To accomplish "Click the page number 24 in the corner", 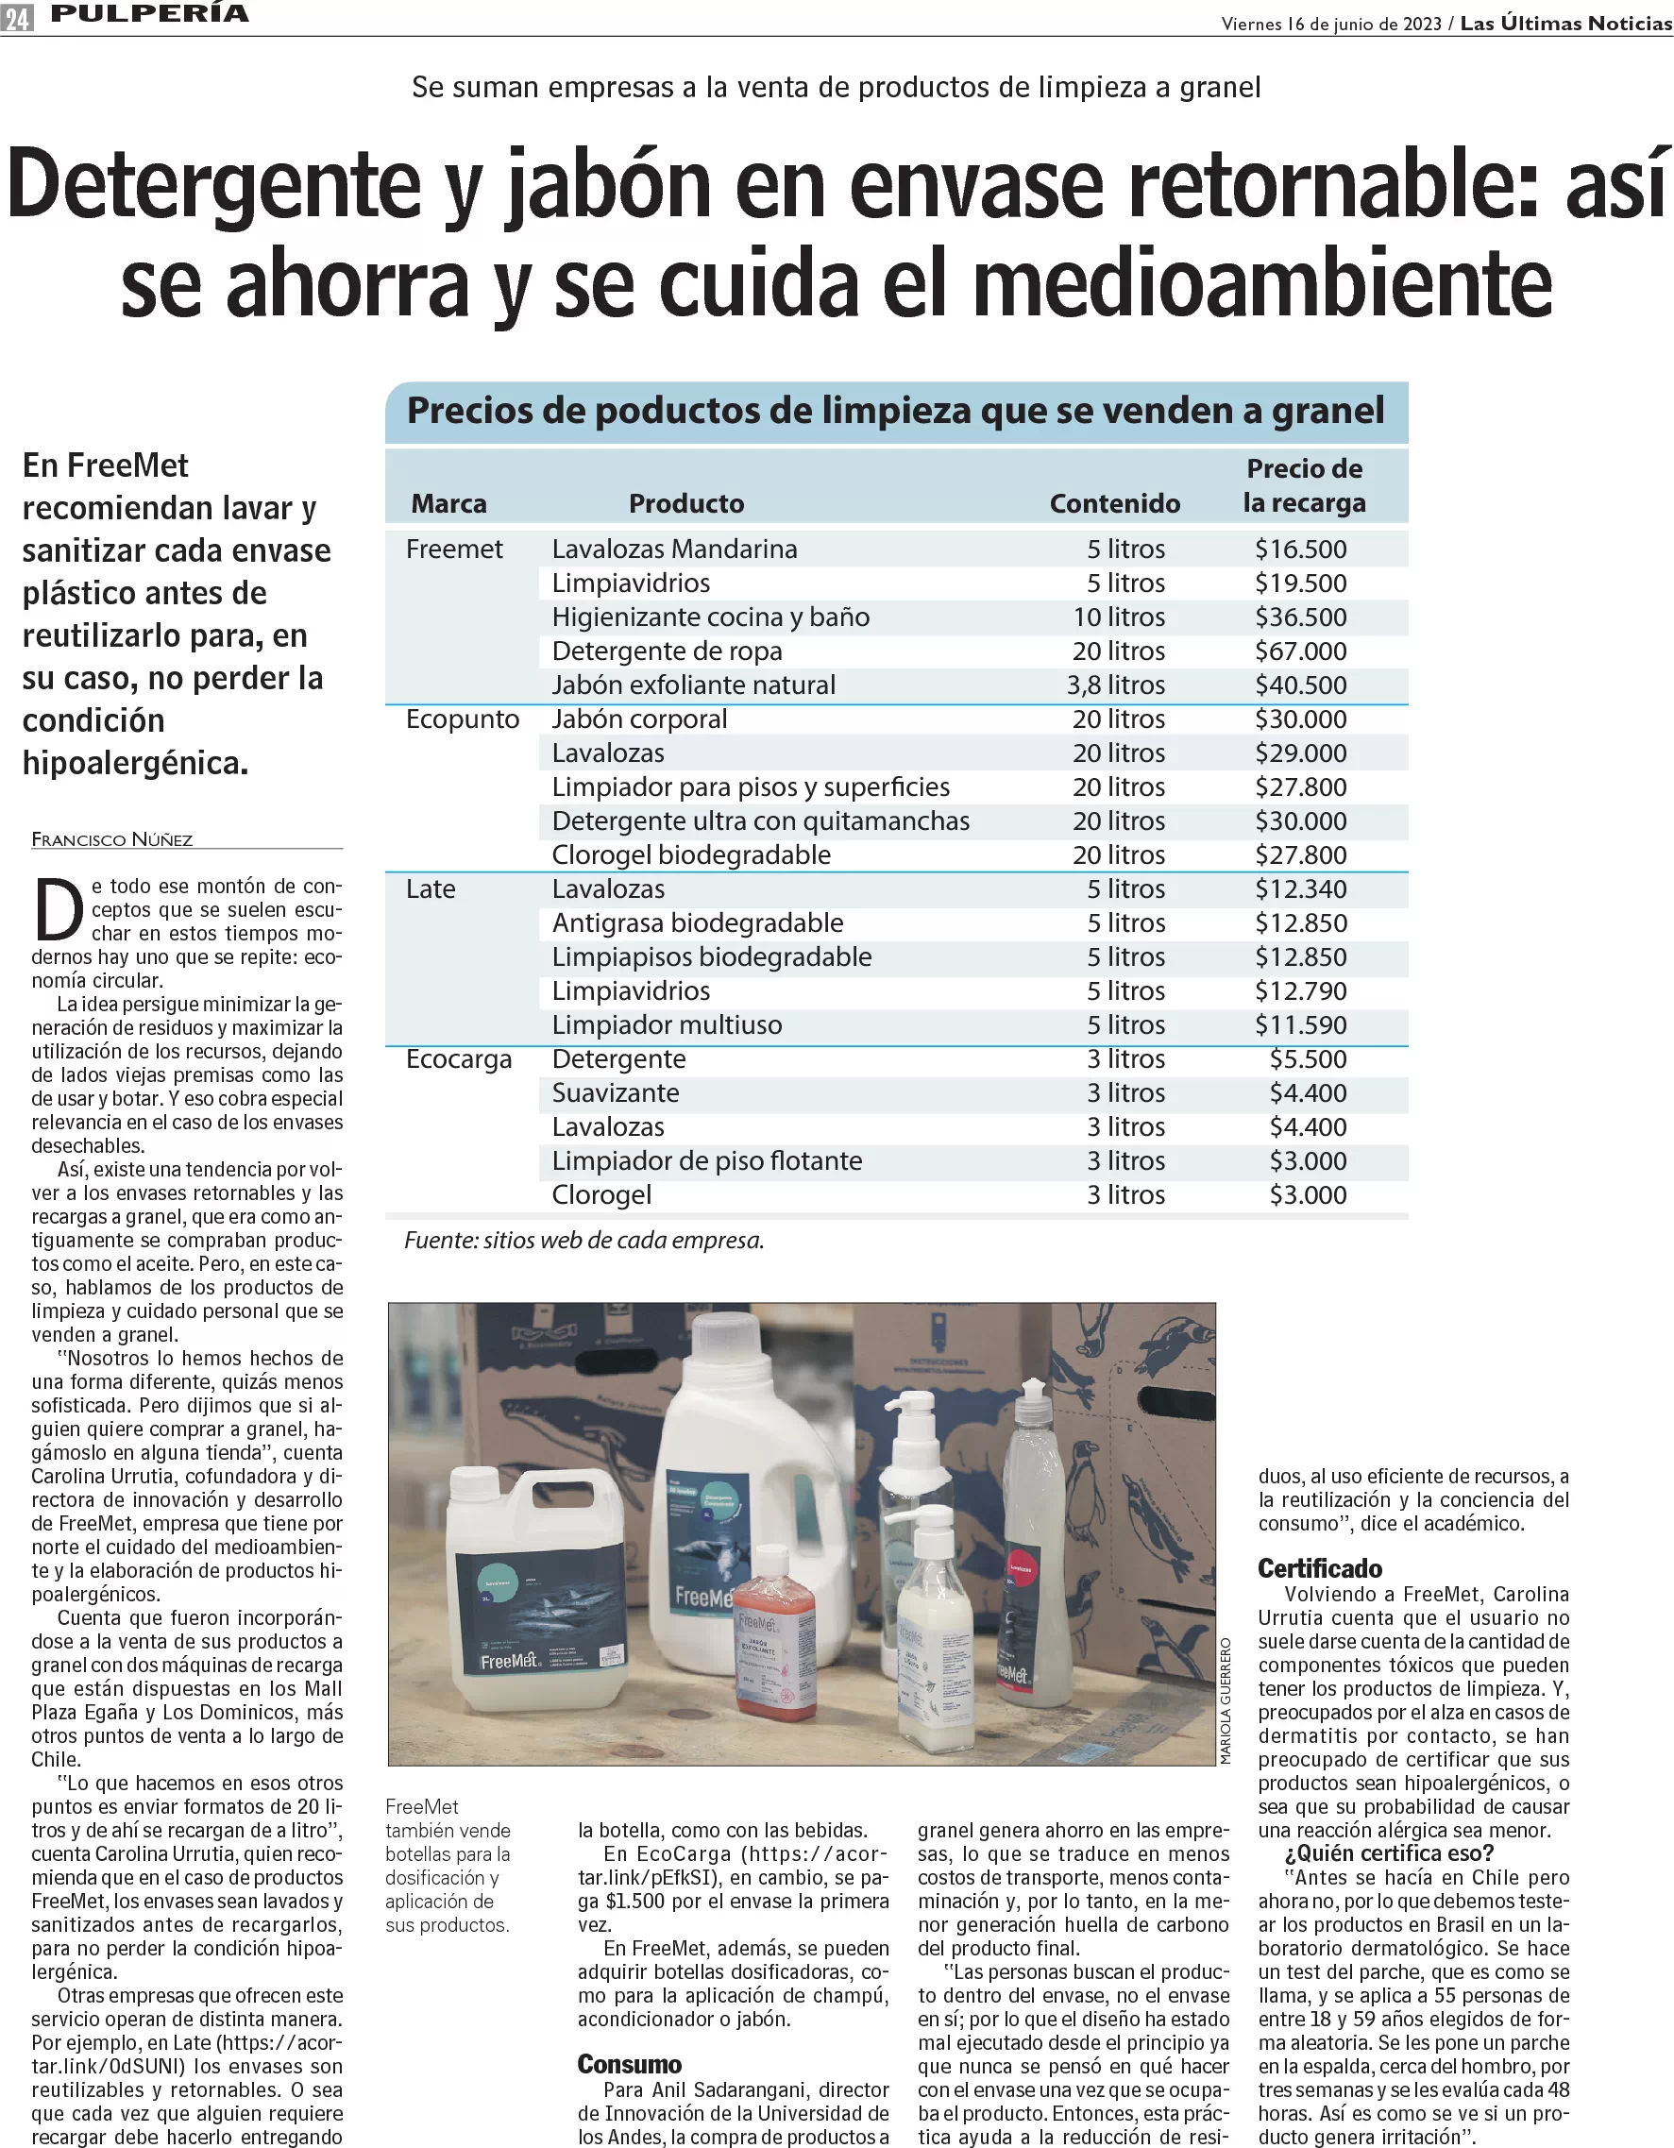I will pyautogui.click(x=17, y=17).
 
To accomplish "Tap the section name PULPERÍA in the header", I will pyautogui.click(x=149, y=14).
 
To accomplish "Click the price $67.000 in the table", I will pyautogui.click(x=1300, y=651).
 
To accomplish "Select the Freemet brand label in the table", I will pyautogui.click(x=453, y=549).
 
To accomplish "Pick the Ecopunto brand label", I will pyautogui.click(x=463, y=719).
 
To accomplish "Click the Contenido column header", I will pyautogui.click(x=1114, y=503).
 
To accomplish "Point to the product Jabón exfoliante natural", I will pyautogui.click(x=693, y=685).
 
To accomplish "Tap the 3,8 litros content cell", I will pyautogui.click(x=1115, y=685).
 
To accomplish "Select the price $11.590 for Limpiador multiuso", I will pyautogui.click(x=1300, y=1024).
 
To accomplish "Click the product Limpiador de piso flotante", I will pyautogui.click(x=706, y=1160).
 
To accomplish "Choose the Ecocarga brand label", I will pyautogui.click(x=458, y=1059).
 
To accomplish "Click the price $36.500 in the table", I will pyautogui.click(x=1300, y=617).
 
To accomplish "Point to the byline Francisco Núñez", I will pyautogui.click(x=112, y=839).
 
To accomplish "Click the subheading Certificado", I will pyautogui.click(x=1319, y=1568).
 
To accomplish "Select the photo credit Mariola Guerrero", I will pyautogui.click(x=1226, y=1700).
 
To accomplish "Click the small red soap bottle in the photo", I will pyautogui.click(x=774, y=1667).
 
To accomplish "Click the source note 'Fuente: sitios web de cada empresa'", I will pyautogui.click(x=584, y=1241).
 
